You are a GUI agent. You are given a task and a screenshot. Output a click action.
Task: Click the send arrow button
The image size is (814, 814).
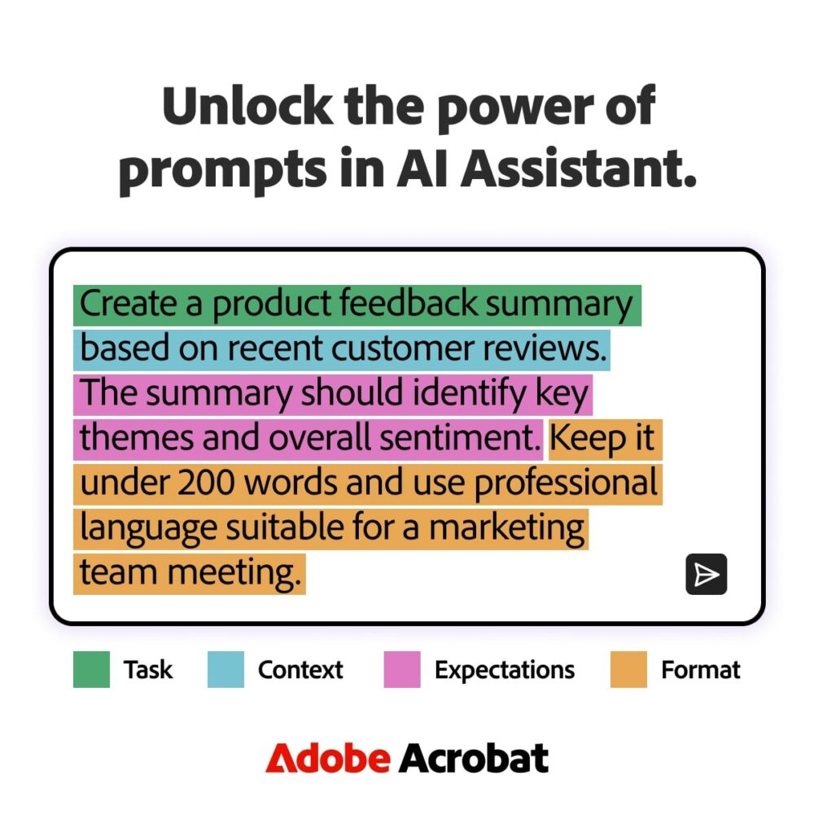point(706,574)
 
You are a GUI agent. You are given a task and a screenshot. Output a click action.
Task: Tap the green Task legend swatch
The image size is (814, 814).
point(91,669)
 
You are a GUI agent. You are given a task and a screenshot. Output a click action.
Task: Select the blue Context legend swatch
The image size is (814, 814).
point(225,669)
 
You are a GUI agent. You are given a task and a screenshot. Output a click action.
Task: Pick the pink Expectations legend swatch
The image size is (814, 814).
point(402,669)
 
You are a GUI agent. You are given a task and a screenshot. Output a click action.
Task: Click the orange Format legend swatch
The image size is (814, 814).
point(628,669)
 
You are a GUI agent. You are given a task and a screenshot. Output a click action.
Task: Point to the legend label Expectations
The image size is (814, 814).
point(505,670)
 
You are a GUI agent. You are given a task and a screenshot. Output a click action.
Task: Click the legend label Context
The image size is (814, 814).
point(300,670)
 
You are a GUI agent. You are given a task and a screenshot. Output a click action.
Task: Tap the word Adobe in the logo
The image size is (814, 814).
point(327,759)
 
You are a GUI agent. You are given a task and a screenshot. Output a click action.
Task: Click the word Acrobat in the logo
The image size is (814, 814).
point(474,759)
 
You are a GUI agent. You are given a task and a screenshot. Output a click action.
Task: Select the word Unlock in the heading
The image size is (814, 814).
point(247,107)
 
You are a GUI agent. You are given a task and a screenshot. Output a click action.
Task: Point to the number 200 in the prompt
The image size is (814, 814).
point(206,483)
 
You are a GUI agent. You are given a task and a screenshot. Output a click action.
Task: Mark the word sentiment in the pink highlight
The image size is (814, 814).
point(460,438)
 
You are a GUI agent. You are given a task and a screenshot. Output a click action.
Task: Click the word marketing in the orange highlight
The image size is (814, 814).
point(506,528)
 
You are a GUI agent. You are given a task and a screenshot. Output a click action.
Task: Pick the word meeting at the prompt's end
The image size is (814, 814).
point(234,574)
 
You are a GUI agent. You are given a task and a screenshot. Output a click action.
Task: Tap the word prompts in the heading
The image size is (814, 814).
point(223,171)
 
